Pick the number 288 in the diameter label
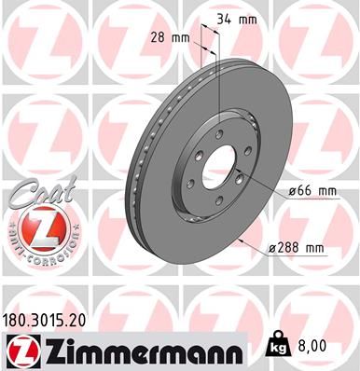point(287,247)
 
